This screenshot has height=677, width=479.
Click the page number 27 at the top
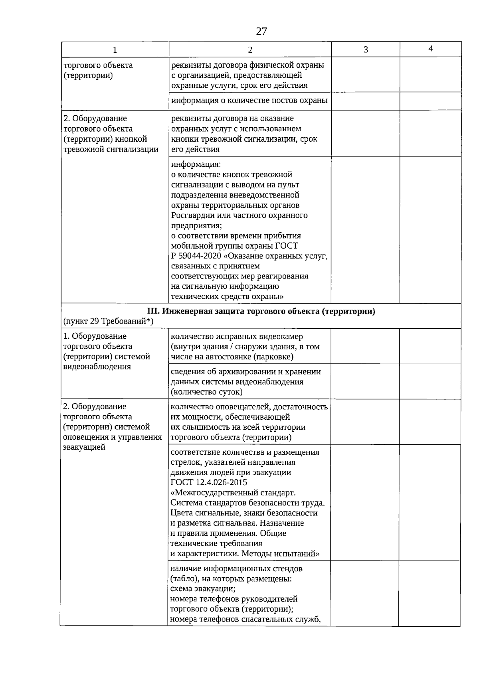pyautogui.click(x=261, y=32)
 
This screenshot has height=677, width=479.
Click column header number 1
pyautogui.click(x=115, y=50)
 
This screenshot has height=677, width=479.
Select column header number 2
pyautogui.click(x=250, y=50)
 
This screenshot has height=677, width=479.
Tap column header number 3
pyautogui.click(x=365, y=50)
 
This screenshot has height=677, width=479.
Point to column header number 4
pyautogui.click(x=430, y=49)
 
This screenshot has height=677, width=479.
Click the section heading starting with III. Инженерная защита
pyautogui.click(x=261, y=312)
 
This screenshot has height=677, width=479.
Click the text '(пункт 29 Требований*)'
pyautogui.click(x=108, y=322)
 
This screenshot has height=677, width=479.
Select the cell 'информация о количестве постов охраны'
pyautogui.click(x=249, y=101)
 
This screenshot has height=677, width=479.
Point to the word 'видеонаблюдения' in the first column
pyautogui.click(x=97, y=367)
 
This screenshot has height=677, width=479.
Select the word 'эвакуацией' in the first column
pyautogui.click(x=84, y=447)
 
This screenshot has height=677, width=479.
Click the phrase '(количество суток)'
pyautogui.click(x=206, y=392)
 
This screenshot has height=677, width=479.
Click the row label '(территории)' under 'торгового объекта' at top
pyautogui.click(x=88, y=75)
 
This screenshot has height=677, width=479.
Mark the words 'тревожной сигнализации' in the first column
pyautogui.click(x=111, y=149)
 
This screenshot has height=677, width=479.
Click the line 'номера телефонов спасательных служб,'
pyautogui.click(x=245, y=619)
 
